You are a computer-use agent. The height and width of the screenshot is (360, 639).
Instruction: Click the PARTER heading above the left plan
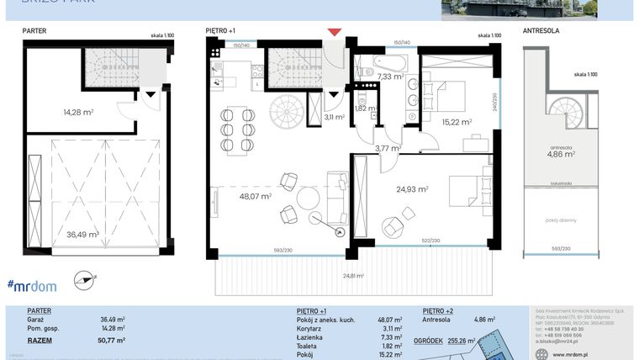click(x=35, y=30)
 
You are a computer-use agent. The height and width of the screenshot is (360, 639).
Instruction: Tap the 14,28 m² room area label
click(x=77, y=112)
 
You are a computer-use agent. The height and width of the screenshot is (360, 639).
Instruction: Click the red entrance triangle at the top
click(x=335, y=32)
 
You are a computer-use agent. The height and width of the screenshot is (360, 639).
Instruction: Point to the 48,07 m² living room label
click(x=255, y=197)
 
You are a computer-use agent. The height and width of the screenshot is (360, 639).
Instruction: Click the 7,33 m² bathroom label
click(x=390, y=77)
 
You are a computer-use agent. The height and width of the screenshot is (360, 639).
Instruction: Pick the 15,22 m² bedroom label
click(x=457, y=122)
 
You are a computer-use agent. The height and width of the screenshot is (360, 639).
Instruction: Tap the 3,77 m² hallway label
click(x=387, y=149)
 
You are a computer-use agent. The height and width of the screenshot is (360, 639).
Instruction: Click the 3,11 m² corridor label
click(x=334, y=118)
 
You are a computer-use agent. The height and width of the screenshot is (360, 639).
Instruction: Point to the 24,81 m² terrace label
click(x=353, y=275)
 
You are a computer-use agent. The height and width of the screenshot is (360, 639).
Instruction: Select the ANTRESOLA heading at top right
click(x=541, y=30)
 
